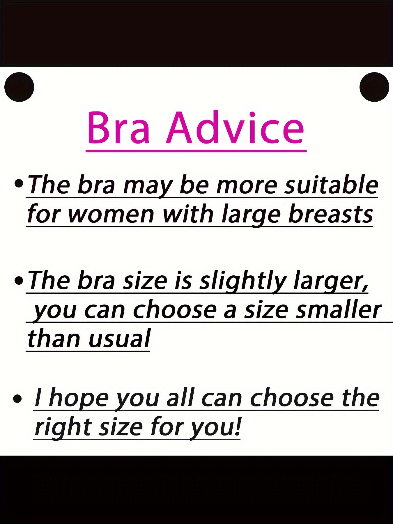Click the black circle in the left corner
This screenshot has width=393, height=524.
pyautogui.click(x=19, y=87)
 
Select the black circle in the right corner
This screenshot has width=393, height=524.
pyautogui.click(x=374, y=87)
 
